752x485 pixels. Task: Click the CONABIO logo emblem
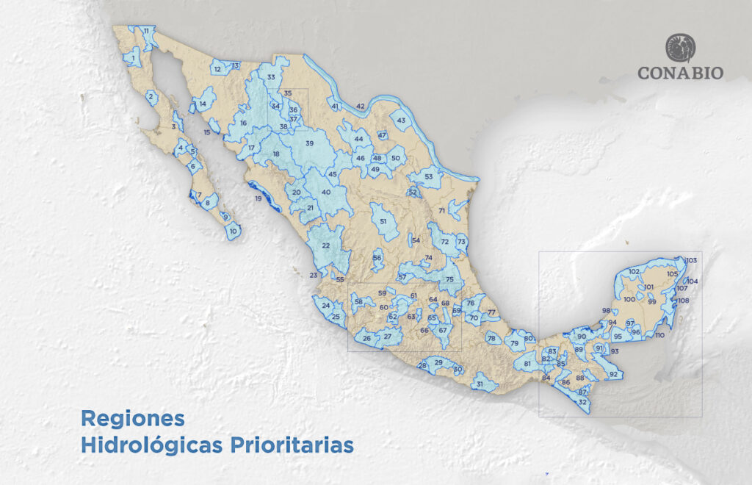680,47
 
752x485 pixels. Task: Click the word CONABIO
680,73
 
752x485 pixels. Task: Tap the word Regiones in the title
132,418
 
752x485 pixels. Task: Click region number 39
309,143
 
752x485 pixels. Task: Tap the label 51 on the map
383,220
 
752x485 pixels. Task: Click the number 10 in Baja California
234,231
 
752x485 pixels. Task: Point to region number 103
690,261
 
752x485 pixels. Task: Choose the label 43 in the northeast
401,120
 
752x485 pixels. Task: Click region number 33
271,77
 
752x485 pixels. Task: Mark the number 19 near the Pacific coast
258,199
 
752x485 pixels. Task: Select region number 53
428,177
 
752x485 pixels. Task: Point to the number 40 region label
326,193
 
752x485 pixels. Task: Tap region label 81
527,364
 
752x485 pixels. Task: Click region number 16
243,123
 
